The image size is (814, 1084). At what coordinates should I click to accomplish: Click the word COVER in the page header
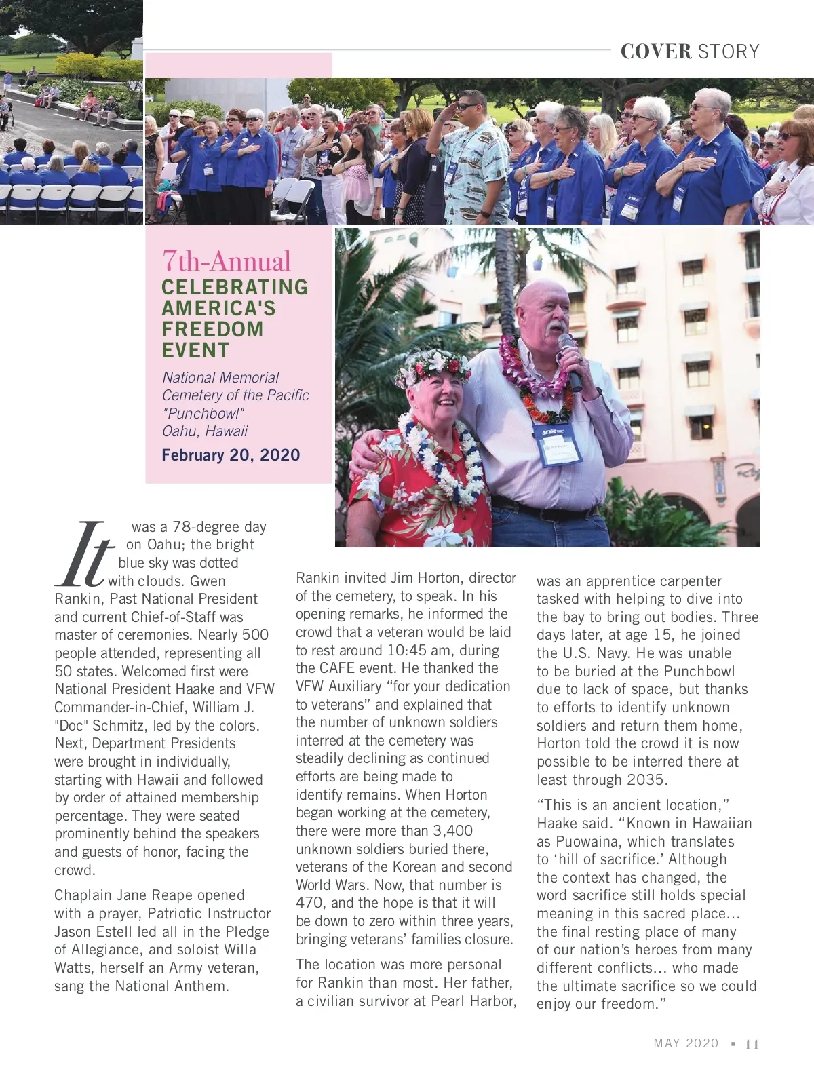point(655,52)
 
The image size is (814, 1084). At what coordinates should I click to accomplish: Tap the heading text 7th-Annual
point(226,261)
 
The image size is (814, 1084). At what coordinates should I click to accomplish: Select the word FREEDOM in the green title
point(212,330)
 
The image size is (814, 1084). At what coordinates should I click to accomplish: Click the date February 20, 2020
point(231,455)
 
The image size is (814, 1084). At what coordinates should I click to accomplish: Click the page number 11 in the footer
point(752,1045)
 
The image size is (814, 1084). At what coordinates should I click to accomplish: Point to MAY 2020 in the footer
point(686,1043)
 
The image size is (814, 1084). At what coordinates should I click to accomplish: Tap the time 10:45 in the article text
point(406,651)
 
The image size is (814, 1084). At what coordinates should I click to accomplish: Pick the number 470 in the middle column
point(311,903)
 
